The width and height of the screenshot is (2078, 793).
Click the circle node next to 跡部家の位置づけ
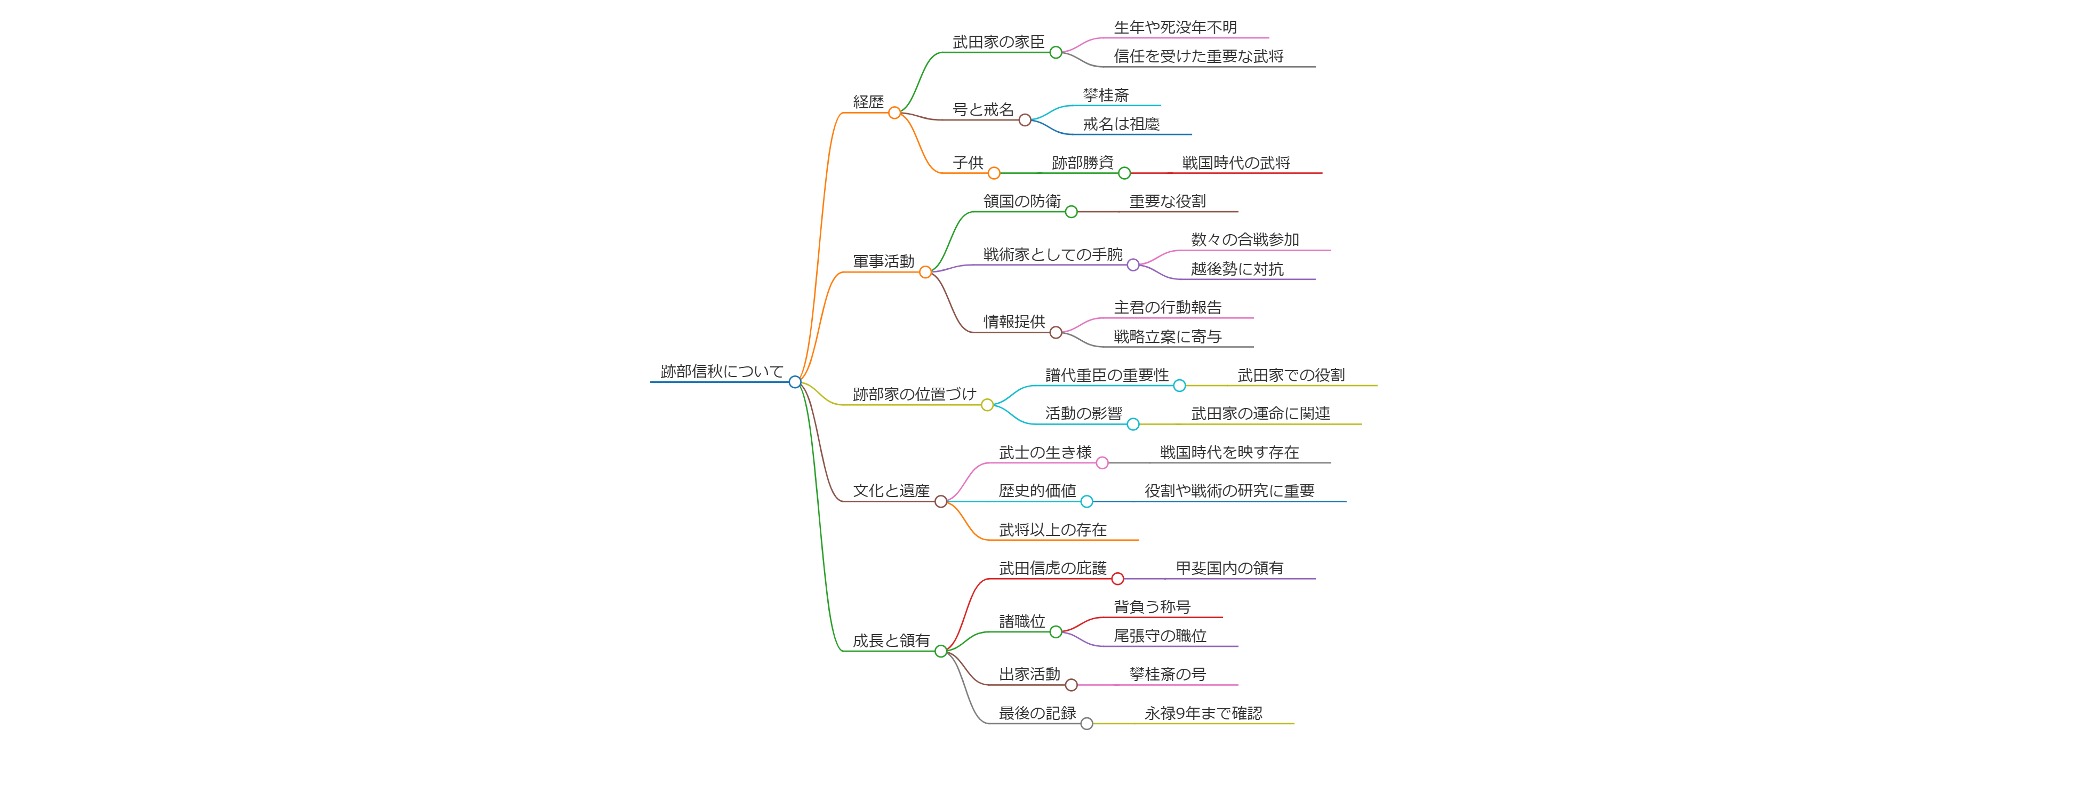pos(987,405)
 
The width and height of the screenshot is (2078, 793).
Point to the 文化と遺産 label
pos(891,491)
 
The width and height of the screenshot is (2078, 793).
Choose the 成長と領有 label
pos(891,640)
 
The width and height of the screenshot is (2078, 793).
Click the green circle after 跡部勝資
pos(1124,173)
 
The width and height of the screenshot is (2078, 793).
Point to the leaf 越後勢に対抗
pos(1237,269)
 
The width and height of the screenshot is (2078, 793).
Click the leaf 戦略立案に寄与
pos(1167,337)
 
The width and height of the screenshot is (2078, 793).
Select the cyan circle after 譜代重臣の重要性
pos(1179,386)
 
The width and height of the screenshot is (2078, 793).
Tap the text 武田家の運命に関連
pos(1260,414)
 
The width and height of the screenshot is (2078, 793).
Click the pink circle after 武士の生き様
pos(1102,463)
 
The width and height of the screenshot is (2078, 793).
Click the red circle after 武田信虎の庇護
pos(1117,579)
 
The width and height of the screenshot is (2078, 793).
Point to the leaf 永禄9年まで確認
pos(1203,713)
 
